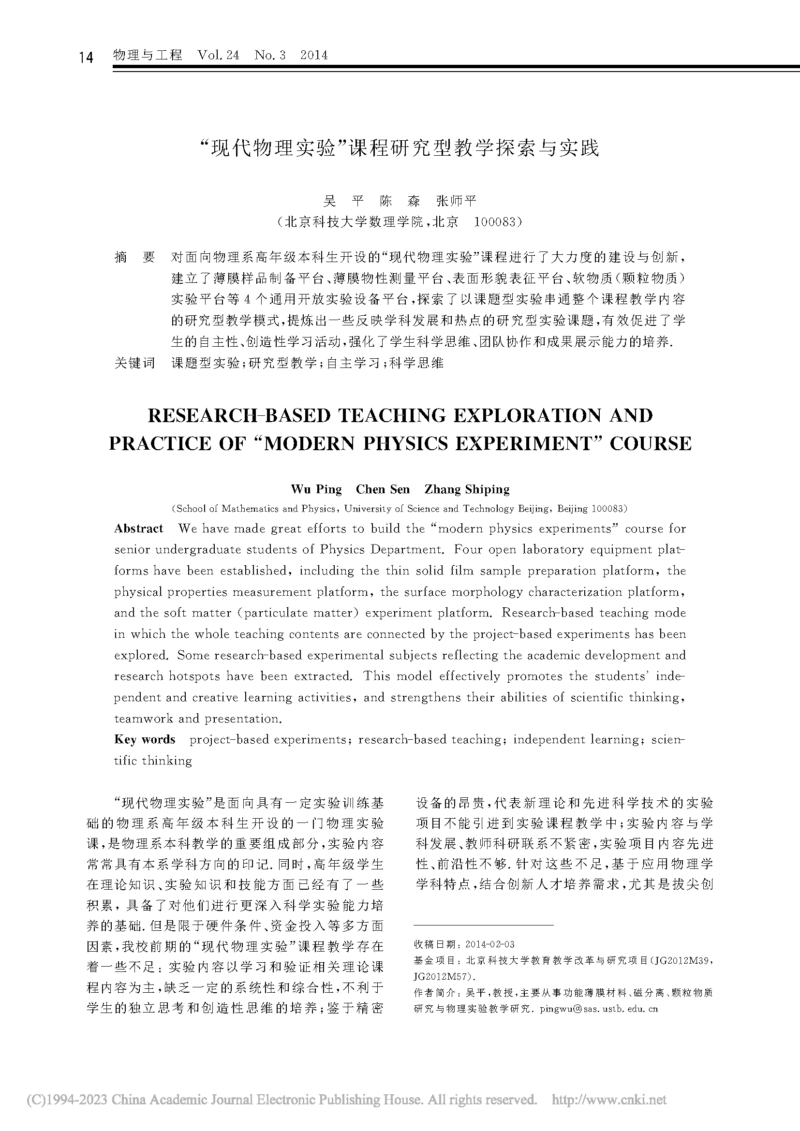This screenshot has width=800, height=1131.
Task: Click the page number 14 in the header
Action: [86, 57]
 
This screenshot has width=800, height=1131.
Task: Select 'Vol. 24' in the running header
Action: [218, 55]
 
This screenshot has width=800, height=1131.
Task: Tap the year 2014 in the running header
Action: [314, 55]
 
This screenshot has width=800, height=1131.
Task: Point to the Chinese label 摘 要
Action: [134, 257]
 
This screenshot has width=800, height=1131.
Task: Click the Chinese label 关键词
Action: [134, 363]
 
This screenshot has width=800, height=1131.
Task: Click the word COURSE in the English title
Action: [650, 443]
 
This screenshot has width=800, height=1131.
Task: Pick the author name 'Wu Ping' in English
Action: [316, 489]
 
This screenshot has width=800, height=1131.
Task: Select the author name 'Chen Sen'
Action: [383, 489]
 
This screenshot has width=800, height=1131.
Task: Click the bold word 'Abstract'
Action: [138, 529]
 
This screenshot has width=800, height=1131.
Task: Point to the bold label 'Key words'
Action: [145, 739]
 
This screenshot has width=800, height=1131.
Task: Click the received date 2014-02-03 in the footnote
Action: [489, 944]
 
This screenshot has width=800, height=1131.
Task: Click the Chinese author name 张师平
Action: [457, 201]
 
